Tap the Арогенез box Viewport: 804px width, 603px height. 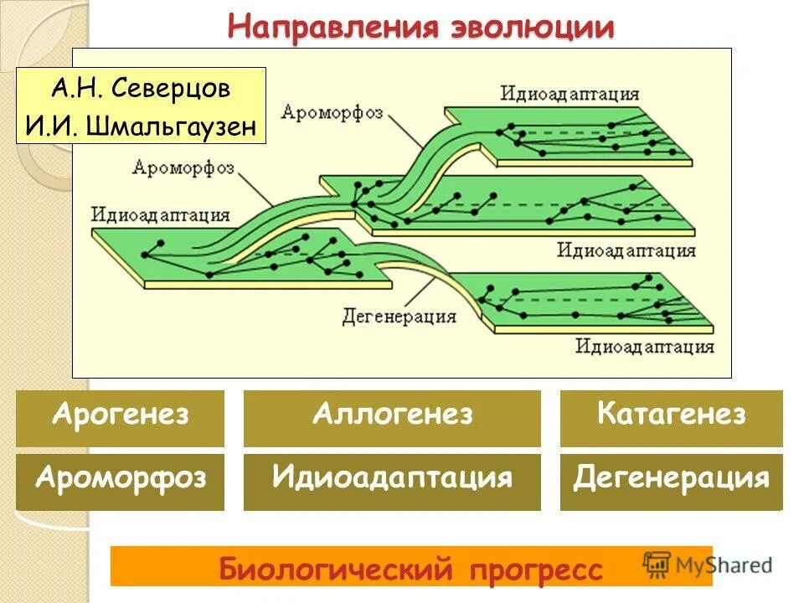[120, 416]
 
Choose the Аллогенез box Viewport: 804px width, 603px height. [392, 416]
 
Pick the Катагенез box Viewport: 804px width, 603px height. [671, 416]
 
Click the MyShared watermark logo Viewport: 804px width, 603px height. [709, 564]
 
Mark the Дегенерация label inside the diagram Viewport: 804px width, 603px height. [399, 317]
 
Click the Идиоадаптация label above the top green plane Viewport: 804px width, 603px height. [570, 94]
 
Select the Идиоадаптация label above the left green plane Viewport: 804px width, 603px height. [161, 216]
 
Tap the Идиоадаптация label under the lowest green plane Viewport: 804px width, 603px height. [644, 346]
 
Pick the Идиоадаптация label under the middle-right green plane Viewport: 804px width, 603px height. [626, 250]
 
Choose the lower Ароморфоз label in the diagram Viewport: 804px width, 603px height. [182, 167]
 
